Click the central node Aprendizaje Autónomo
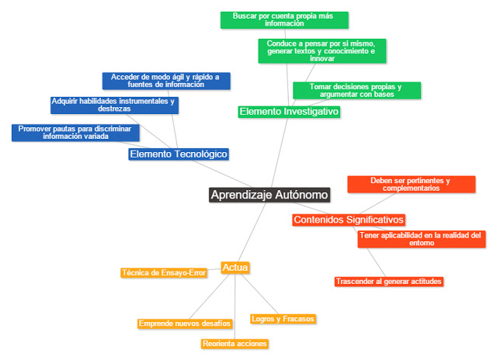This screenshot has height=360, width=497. pos(269,195)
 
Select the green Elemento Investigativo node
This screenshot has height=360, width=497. pos(289,112)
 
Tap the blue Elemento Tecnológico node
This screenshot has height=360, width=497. pos(179,154)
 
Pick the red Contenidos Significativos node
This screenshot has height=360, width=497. pos(349,220)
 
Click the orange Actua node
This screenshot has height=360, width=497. pos(235,268)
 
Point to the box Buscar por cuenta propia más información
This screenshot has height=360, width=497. pos(284,19)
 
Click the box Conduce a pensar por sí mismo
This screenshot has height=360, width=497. pos(321,50)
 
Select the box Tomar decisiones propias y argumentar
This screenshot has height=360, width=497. pos(356,91)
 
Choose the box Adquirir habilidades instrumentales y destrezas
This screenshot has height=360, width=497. pos(113,105)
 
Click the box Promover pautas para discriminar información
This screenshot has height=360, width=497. pos(75,132)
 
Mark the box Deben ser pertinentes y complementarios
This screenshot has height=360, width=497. pos(410,184)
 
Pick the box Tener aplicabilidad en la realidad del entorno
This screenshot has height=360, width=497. pos(421,239)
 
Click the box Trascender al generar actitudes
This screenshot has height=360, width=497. pos(389,281)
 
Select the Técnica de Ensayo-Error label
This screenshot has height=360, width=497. pos(164,272)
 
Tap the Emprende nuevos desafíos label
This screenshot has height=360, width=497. pos(185,323)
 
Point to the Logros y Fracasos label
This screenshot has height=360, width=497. pos(283,319)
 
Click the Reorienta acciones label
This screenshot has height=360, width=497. pos(235,343)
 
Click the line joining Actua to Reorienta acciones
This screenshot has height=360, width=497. pos(235,306)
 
